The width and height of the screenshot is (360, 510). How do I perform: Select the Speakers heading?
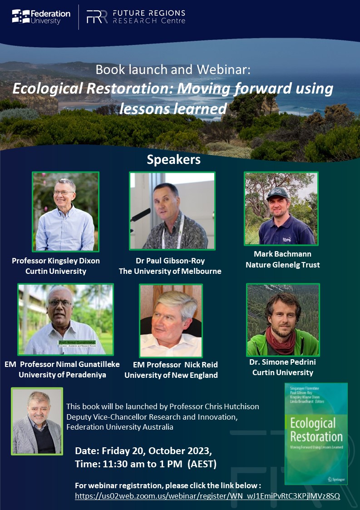click(x=173, y=160)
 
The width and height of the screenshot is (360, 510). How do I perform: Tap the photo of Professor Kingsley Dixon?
click(x=65, y=211)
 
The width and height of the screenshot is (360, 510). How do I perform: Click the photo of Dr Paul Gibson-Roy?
click(x=172, y=211)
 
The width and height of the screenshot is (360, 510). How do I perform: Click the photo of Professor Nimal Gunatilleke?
click(x=65, y=319)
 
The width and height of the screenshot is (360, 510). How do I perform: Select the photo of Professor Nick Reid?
click(x=171, y=321)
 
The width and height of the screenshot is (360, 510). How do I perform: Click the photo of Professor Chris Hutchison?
click(x=37, y=421)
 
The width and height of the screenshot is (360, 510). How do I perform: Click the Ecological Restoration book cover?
click(x=316, y=433)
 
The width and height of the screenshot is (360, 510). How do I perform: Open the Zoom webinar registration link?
click(x=207, y=496)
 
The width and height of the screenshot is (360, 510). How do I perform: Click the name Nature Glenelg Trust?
click(x=282, y=265)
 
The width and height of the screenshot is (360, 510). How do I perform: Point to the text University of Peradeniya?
click(x=62, y=375)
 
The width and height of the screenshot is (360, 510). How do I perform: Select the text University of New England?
click(x=171, y=375)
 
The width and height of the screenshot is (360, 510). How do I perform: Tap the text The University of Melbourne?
click(x=170, y=272)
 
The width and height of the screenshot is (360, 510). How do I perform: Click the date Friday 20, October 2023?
click(x=143, y=452)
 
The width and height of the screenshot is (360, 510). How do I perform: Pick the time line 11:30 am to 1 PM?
click(x=145, y=464)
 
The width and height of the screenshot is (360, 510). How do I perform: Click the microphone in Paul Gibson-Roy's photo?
click(x=142, y=213)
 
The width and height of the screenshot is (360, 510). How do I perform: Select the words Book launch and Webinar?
click(x=173, y=70)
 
